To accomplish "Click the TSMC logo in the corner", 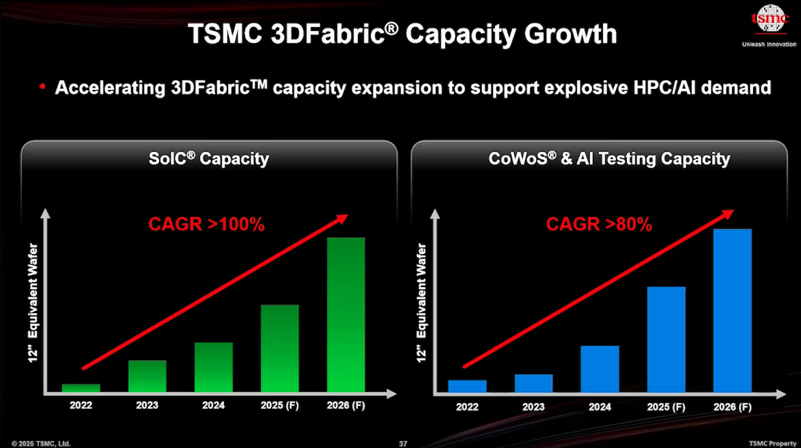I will [769, 19].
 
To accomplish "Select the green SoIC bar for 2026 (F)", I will [346, 315].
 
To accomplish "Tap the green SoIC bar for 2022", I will [81, 388].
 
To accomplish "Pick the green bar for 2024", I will [214, 367].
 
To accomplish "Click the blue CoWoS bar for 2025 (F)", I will [666, 340].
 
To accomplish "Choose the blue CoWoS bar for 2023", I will [533, 384].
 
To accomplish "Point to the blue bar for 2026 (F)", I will [732, 311].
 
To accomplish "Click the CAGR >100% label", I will [207, 225].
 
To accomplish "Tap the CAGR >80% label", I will [598, 225].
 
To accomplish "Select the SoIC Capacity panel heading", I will [209, 159].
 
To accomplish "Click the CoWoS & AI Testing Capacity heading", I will [609, 159].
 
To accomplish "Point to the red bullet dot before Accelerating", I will [42, 86].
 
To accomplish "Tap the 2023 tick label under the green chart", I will [147, 405].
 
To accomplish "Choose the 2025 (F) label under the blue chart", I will [666, 407].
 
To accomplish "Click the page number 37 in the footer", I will [403, 443].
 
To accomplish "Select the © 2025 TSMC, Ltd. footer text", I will [40, 443].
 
